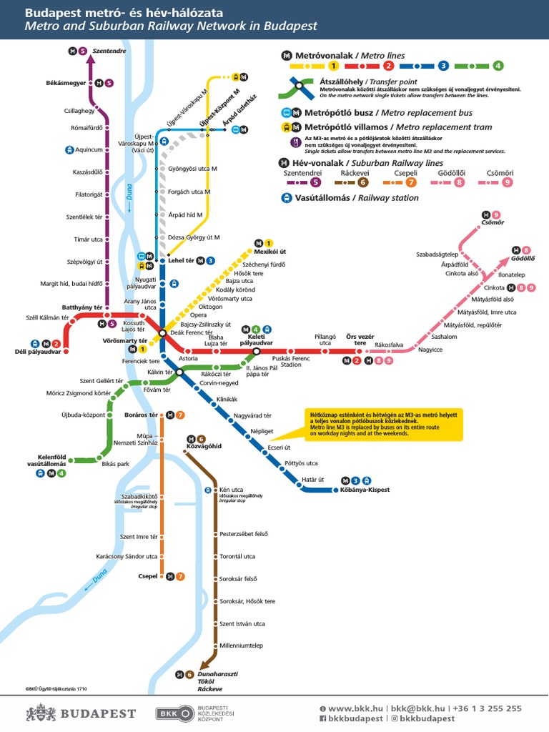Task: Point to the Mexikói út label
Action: (x=269, y=252)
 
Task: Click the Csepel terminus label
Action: (x=147, y=576)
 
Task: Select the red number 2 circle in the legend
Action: (x=389, y=66)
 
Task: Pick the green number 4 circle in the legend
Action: (x=498, y=66)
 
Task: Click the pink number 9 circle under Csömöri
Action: (x=508, y=182)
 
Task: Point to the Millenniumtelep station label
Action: (x=241, y=646)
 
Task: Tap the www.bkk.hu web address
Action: (x=351, y=708)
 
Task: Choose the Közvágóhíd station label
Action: (x=204, y=446)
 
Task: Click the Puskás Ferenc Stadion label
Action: (x=291, y=361)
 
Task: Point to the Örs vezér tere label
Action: (x=360, y=339)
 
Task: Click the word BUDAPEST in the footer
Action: (x=98, y=713)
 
